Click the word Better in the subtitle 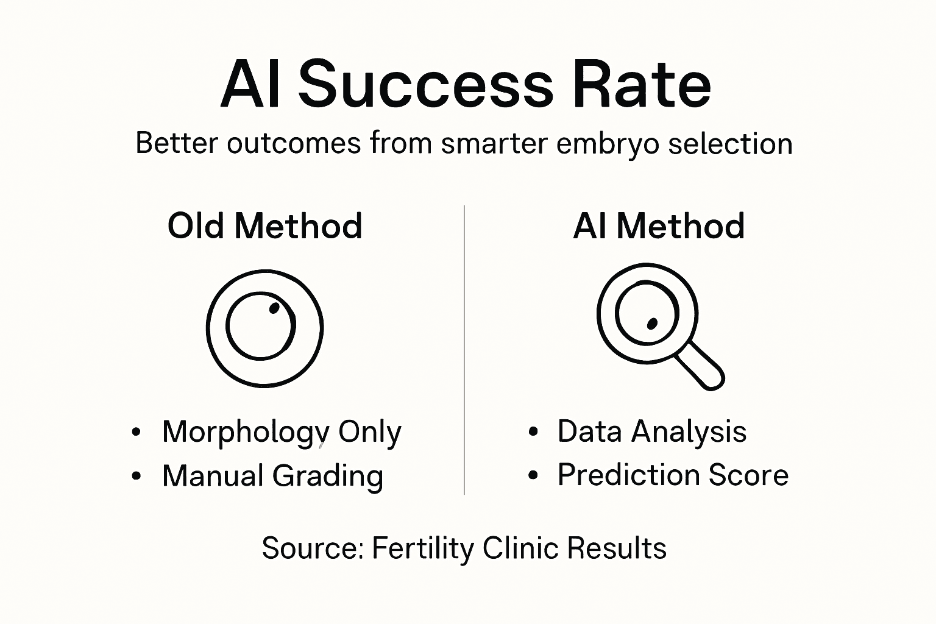[x=176, y=144]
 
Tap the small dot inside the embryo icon [x=274, y=308]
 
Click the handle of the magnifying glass [x=701, y=365]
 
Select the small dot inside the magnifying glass [x=652, y=323]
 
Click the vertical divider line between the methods [x=464, y=350]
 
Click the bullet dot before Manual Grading [x=136, y=476]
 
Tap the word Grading [x=328, y=476]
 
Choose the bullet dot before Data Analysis [x=533, y=432]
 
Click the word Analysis [x=689, y=432]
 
